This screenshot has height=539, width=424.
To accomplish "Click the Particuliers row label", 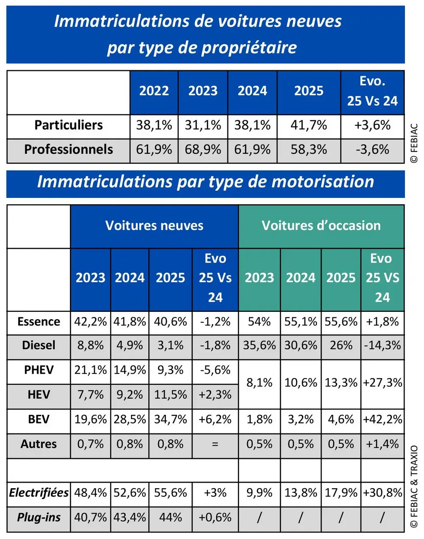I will (68, 125).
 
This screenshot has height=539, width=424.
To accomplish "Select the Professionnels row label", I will (68, 150).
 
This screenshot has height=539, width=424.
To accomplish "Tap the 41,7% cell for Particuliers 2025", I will (309, 125).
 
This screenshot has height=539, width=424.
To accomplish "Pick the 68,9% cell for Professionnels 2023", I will (203, 150).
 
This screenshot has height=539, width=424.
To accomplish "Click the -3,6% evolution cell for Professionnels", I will (372, 150).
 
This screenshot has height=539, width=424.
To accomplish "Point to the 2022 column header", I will (154, 91).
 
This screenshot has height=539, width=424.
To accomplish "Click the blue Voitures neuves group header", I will (154, 226).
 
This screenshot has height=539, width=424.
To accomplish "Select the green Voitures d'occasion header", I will (321, 226).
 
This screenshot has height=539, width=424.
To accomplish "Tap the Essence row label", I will (39, 322).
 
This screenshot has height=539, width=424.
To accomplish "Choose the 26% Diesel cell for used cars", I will (341, 346).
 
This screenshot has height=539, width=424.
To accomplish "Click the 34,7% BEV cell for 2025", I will (170, 420).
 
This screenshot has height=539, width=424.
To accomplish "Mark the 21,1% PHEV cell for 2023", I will (90, 370).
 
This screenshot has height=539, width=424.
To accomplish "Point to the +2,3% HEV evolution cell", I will (215, 395).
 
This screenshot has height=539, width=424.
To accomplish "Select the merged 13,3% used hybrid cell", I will (341, 383).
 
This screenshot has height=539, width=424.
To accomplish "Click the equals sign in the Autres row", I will (215, 444).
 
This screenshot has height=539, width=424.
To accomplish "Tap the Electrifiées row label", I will (39, 493).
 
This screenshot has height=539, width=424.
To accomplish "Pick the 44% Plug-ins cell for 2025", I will (170, 517).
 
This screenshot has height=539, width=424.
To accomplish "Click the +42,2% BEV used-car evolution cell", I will (382, 420).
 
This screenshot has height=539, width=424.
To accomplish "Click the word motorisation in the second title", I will (323, 182).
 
